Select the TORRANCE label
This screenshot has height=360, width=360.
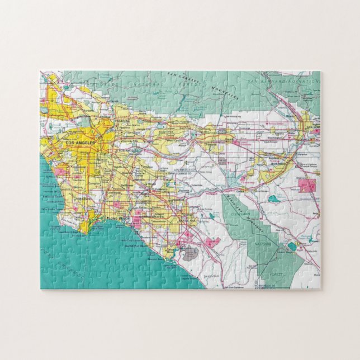tap(85, 200)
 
